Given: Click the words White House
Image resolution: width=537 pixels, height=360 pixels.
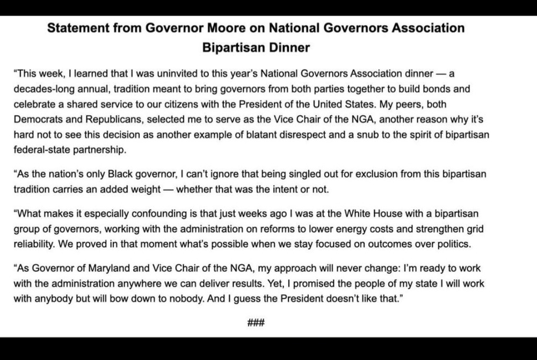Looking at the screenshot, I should (x=342, y=214).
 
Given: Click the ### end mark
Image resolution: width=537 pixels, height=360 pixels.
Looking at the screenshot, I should (x=256, y=323).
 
